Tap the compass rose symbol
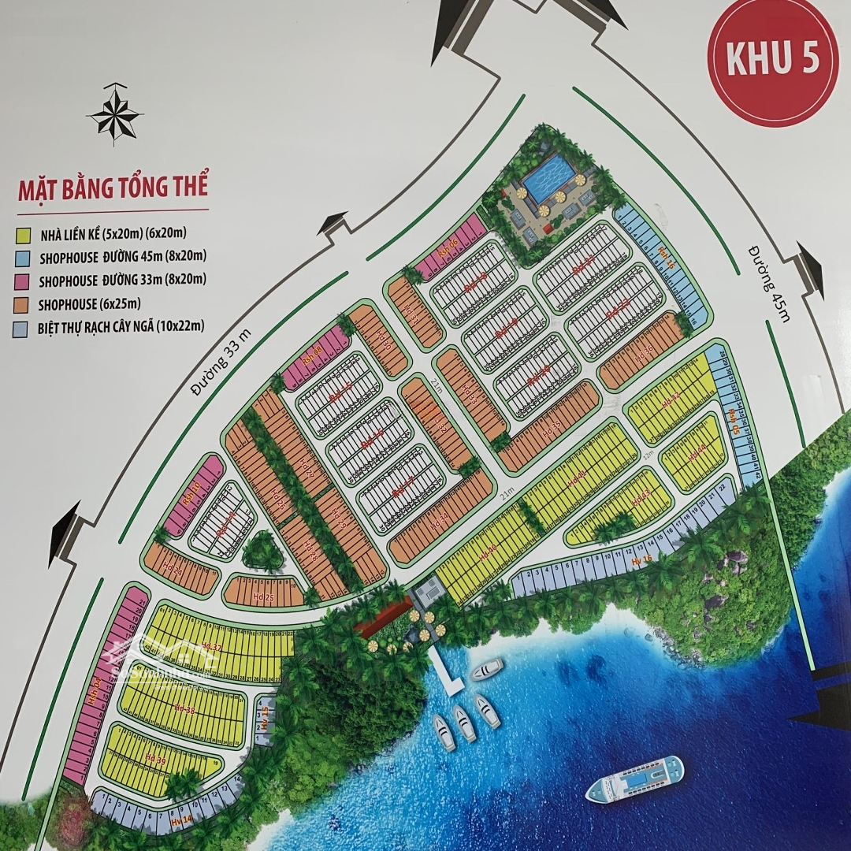pyautogui.click(x=115, y=116)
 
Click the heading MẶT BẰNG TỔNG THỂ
pyautogui.click(x=112, y=189)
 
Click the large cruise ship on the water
pyautogui.click(x=635, y=778)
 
